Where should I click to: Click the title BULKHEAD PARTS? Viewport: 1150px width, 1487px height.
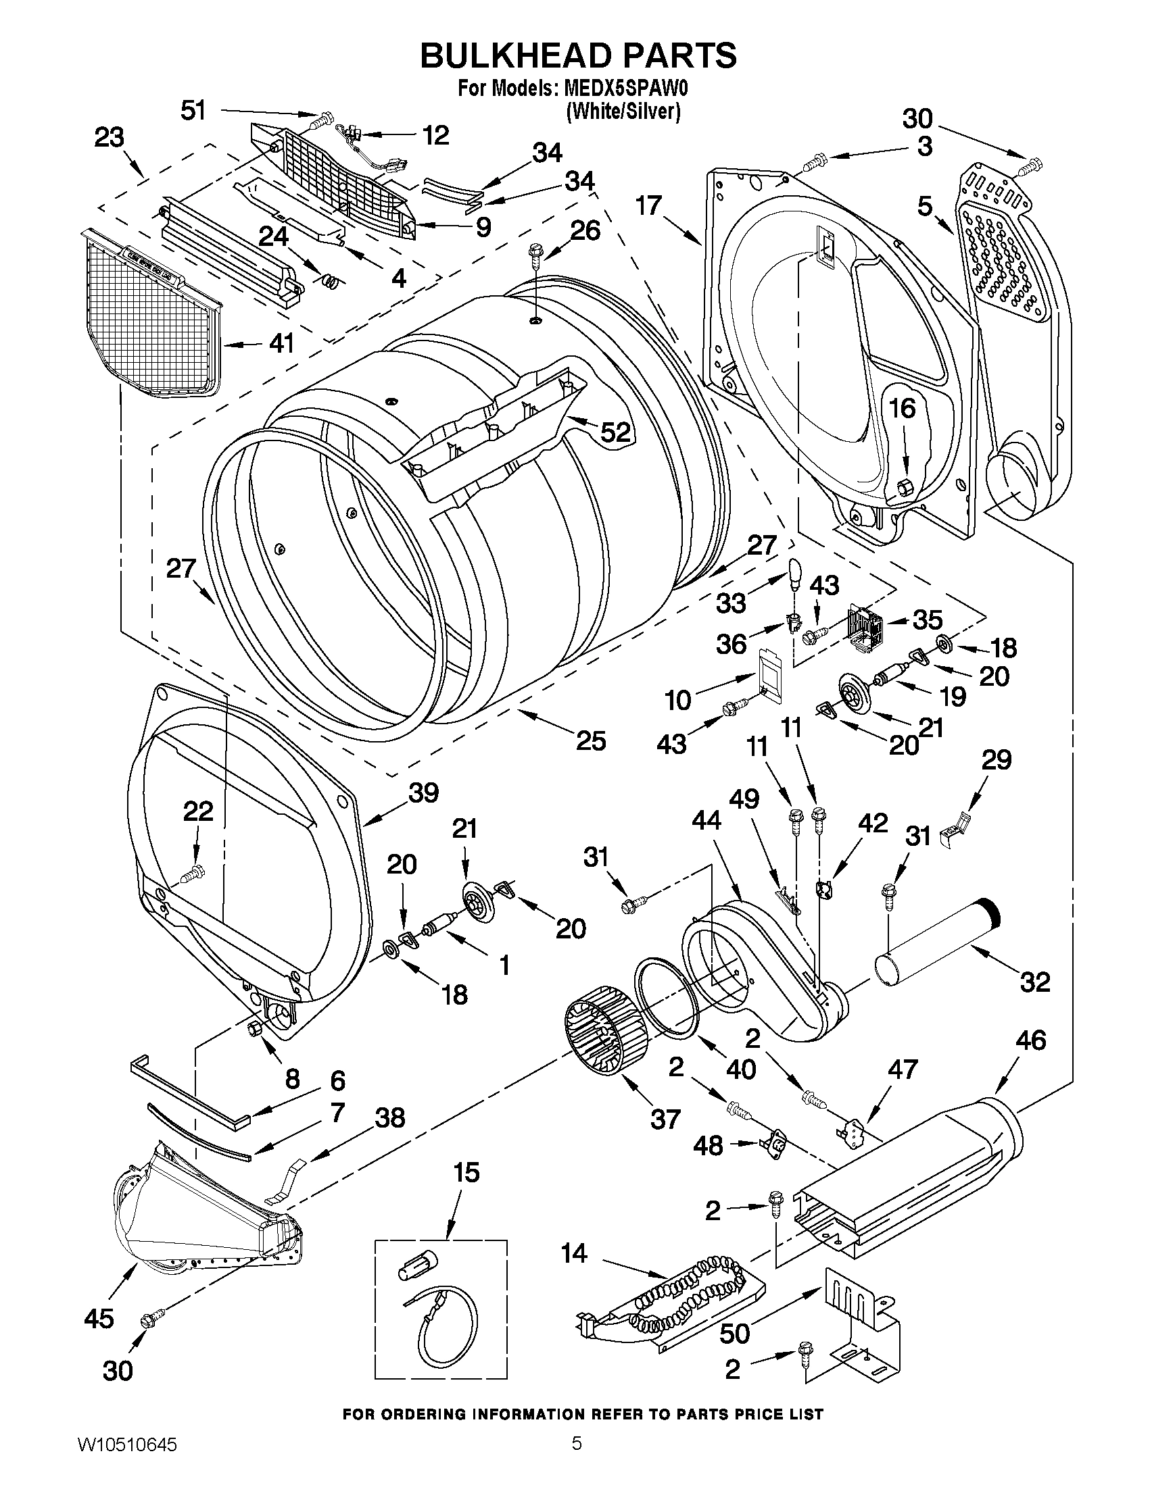(578, 55)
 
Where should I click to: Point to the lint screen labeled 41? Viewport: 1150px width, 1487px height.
(153, 313)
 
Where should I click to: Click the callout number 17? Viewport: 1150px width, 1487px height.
(648, 205)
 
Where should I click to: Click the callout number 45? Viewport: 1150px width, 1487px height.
(99, 1319)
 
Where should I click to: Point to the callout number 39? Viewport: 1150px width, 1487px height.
(424, 792)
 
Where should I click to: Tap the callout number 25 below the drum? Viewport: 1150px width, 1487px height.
(591, 740)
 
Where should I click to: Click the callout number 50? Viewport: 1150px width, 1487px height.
(735, 1334)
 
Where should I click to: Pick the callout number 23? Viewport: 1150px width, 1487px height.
(109, 138)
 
